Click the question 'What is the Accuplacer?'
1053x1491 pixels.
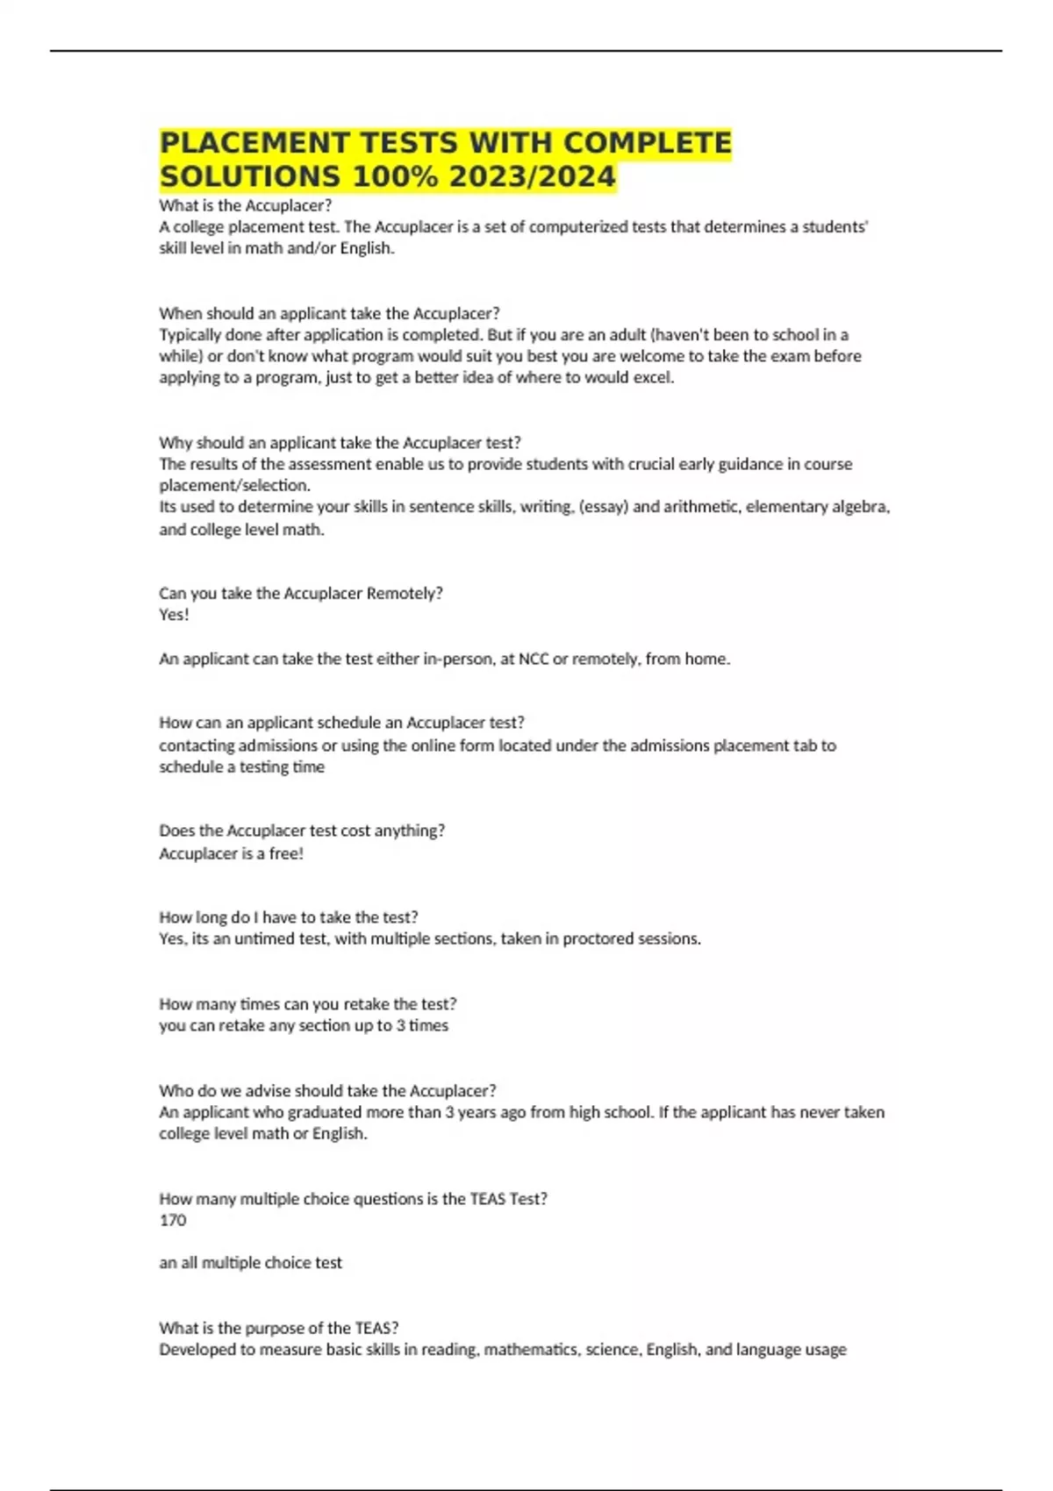(x=246, y=205)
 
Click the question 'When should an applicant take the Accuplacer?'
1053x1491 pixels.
(x=329, y=313)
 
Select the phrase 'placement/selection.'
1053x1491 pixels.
(x=234, y=485)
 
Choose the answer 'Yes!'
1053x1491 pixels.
(x=174, y=614)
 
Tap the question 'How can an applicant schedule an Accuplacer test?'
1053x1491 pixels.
(x=341, y=723)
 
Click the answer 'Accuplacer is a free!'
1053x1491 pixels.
(x=231, y=853)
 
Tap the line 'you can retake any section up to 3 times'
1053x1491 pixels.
(x=304, y=1025)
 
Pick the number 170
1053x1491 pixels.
(x=173, y=1220)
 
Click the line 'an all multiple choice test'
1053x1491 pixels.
(x=250, y=1263)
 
